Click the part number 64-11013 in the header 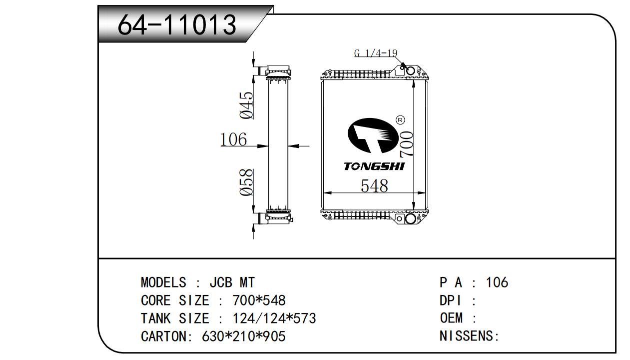click(176, 24)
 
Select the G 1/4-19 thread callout click(375, 52)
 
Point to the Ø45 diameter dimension click(246, 105)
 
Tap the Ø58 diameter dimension click(246, 182)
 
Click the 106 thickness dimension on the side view click(234, 139)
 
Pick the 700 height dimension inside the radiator click(406, 145)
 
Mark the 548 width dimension click(374, 185)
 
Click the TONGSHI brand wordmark click(374, 166)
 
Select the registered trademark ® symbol click(400, 120)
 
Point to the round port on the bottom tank click(410, 218)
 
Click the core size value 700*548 click(259, 300)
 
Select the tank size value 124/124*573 click(274, 318)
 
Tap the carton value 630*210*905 click(243, 336)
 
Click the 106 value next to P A click(497, 282)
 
